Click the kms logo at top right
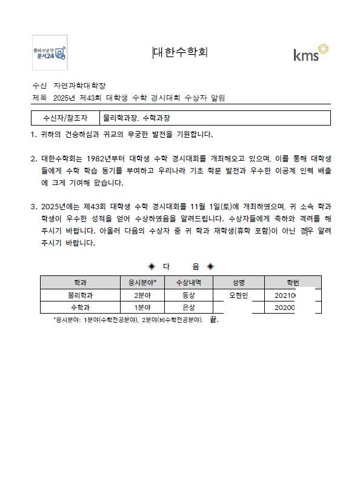[x=311, y=53]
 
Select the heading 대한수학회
[x=181, y=52]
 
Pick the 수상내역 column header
[x=188, y=283]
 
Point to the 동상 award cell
[x=188, y=295]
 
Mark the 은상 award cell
[x=188, y=308]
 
